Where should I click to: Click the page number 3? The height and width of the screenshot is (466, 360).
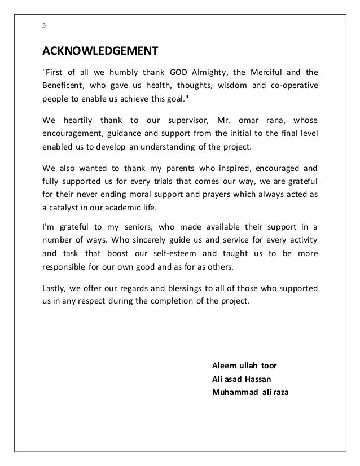click(45, 26)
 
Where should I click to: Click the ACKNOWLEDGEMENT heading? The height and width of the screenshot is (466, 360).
click(100, 52)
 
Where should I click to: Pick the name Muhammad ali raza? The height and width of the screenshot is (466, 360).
click(249, 392)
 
